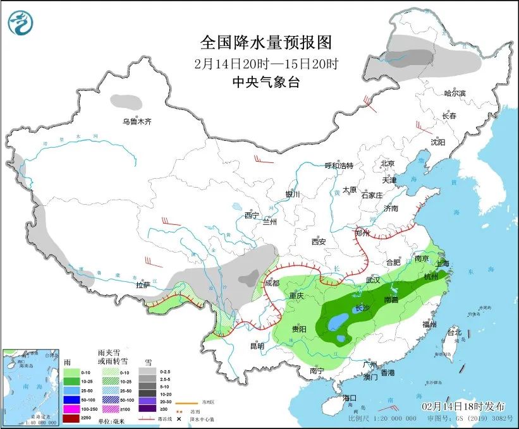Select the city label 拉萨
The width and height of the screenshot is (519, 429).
click(x=143, y=285)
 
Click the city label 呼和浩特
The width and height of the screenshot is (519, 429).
click(x=339, y=166)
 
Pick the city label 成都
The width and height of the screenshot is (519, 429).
click(x=272, y=283)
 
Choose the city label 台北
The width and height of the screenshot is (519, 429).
click(x=454, y=332)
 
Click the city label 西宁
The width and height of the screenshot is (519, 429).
click(x=252, y=215)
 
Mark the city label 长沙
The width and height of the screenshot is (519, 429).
click(x=363, y=308)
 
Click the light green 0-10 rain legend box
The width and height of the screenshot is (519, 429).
click(x=71, y=372)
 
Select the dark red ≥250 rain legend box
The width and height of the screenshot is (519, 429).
click(x=71, y=420)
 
